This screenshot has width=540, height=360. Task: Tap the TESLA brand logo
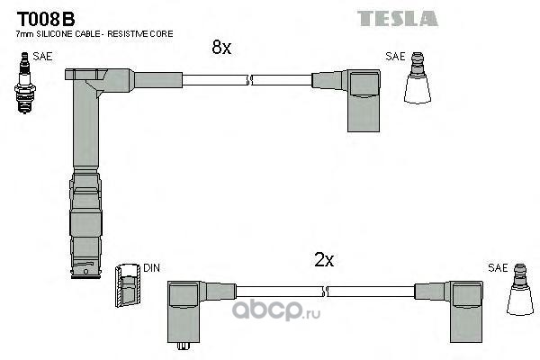point(397,18)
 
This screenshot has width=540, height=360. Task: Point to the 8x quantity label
point(221,48)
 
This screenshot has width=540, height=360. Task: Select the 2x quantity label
point(324,260)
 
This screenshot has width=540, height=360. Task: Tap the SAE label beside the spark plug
point(42,56)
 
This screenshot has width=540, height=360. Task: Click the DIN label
point(152,268)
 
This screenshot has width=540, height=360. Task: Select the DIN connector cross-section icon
point(127,287)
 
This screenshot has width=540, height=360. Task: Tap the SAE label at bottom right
point(497,267)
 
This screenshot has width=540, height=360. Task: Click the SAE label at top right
point(395,56)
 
